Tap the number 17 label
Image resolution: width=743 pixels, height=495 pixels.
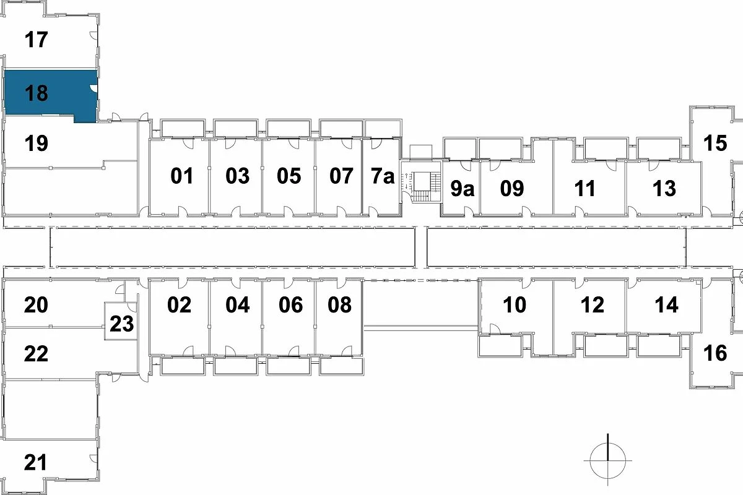click(37, 40)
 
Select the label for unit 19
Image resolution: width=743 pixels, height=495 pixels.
click(37, 144)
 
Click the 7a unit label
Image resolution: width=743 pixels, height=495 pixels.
click(383, 176)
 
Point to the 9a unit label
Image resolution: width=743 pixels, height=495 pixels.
click(462, 189)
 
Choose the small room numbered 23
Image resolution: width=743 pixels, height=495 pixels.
click(122, 324)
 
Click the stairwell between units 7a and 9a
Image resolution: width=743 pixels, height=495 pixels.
click(420, 186)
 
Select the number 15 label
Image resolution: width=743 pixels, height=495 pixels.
click(715, 143)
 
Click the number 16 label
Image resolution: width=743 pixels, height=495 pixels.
click(715, 353)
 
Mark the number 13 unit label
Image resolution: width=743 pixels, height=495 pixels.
click(664, 188)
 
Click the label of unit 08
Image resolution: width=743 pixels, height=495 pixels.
click(340, 305)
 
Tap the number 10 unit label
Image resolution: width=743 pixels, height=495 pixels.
click(515, 305)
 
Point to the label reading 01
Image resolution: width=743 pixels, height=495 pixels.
click(182, 176)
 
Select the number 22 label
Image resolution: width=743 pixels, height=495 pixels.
click(37, 354)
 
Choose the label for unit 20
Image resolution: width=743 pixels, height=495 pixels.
click(37, 305)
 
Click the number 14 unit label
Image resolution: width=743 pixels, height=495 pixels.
click(666, 305)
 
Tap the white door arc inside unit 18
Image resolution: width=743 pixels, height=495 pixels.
click(93, 89)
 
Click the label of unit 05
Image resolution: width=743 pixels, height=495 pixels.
click(289, 176)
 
